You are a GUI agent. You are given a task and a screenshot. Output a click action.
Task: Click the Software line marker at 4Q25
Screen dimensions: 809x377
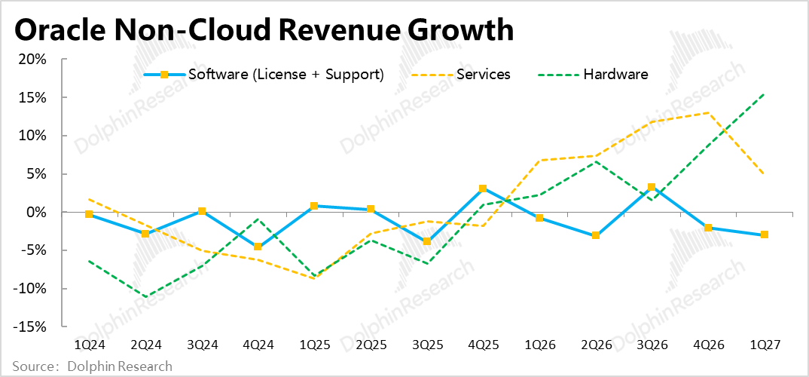click(482, 188)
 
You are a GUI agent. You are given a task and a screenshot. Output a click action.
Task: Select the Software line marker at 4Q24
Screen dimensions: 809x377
click(258, 247)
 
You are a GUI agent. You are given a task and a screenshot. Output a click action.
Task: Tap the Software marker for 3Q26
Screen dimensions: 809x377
click(652, 187)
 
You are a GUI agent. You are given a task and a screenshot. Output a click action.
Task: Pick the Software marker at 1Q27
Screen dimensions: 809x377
click(764, 234)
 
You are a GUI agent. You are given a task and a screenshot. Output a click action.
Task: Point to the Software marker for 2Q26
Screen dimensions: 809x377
click(595, 235)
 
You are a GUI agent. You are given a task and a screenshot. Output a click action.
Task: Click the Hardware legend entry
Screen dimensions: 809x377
click(594, 75)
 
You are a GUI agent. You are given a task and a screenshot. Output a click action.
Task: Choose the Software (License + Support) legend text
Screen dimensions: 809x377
click(286, 75)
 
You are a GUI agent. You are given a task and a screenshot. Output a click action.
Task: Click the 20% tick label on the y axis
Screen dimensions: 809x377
click(32, 60)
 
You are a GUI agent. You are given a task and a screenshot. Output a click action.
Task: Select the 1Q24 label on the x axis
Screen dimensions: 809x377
click(89, 344)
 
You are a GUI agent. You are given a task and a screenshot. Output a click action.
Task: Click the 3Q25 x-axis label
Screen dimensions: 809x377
click(426, 344)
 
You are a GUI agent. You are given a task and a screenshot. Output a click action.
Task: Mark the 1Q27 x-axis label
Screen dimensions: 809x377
click(764, 344)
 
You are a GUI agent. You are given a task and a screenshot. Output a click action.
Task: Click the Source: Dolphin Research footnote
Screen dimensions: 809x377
click(93, 366)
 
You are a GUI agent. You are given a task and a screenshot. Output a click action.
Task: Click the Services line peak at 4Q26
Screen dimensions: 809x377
click(708, 112)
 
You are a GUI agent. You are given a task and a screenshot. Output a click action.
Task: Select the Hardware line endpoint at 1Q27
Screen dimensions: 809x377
click(764, 94)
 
